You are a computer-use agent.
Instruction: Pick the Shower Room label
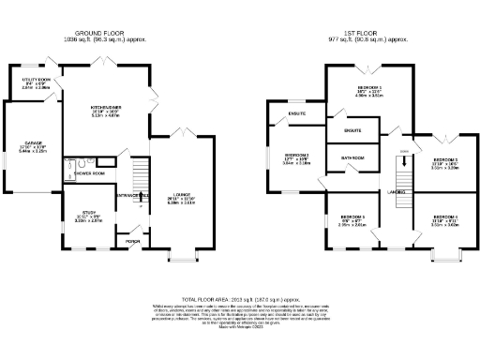[89, 173]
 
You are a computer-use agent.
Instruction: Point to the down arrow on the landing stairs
[405, 160]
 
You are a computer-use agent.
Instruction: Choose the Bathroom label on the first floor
[352, 158]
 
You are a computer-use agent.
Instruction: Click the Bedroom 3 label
[443, 162]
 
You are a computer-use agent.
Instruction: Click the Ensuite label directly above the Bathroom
[352, 129]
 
